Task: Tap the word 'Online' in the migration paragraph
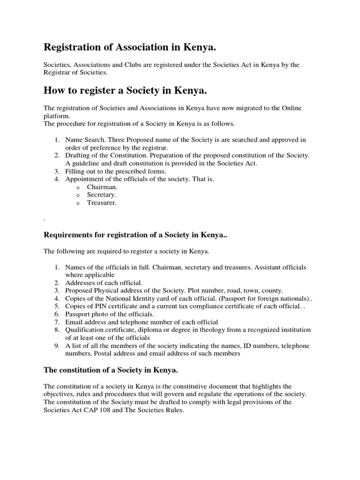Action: click(x=291, y=108)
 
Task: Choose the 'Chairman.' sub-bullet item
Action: click(x=101, y=187)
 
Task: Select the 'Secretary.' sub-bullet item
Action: click(x=101, y=195)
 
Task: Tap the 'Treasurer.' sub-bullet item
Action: click(x=102, y=203)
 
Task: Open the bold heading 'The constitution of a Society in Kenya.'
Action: click(x=111, y=370)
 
